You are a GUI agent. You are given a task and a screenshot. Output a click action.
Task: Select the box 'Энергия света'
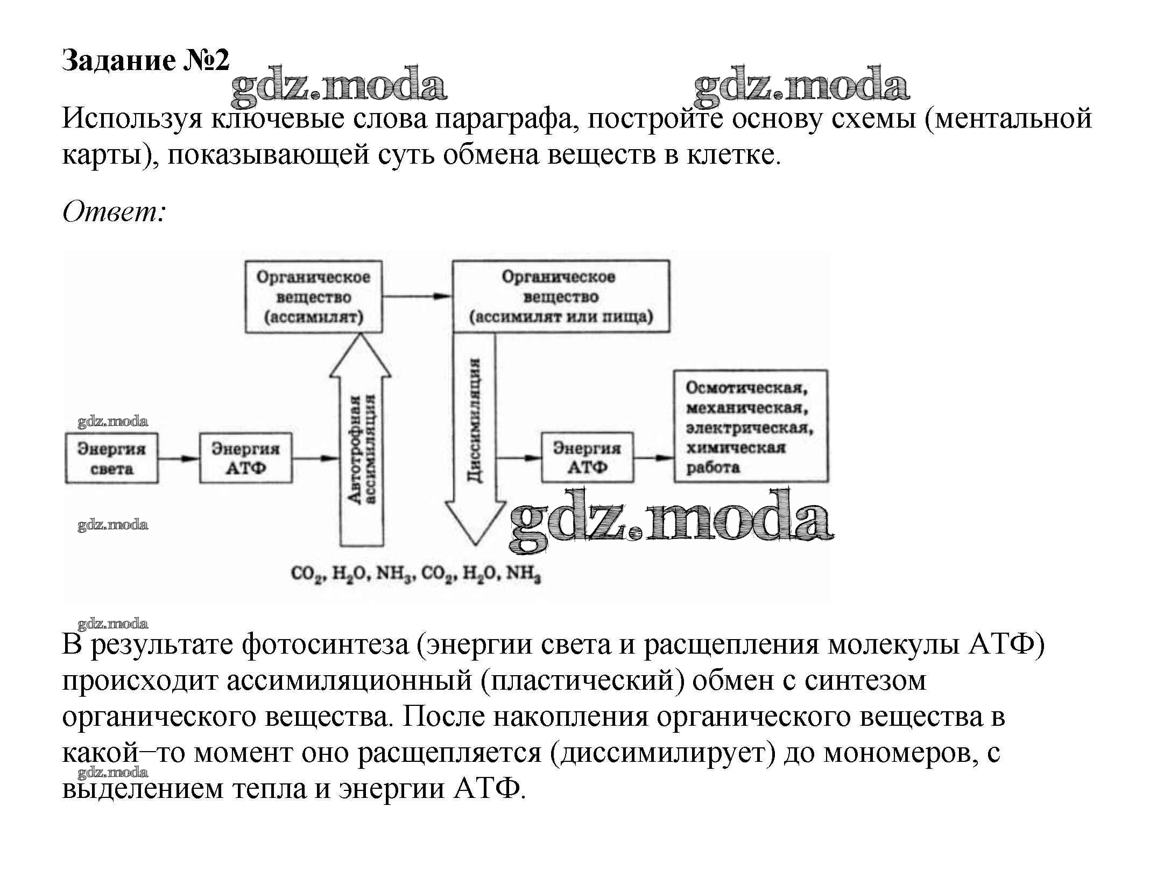(x=111, y=458)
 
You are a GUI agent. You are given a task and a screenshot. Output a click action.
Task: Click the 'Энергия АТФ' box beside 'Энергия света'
(x=245, y=458)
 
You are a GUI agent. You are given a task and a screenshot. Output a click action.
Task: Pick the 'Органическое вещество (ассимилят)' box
(x=314, y=297)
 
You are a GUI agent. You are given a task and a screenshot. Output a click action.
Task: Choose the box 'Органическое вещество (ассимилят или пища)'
(x=561, y=297)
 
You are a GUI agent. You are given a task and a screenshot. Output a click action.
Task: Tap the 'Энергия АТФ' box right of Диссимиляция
(x=587, y=458)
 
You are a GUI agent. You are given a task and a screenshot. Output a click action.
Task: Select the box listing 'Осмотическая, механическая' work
(x=751, y=425)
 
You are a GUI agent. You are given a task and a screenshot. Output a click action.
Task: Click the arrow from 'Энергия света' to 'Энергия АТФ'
(x=179, y=459)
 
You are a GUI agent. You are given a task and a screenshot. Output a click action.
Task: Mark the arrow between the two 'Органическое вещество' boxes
(x=417, y=296)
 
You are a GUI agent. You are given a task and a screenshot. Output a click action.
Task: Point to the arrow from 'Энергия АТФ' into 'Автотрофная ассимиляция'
(x=316, y=459)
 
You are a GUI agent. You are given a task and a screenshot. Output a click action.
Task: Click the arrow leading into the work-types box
(x=654, y=458)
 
